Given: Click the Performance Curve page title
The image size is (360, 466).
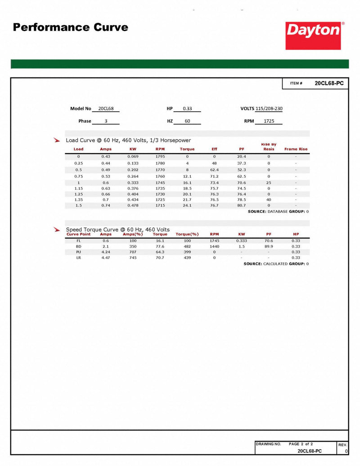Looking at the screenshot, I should point(70,27).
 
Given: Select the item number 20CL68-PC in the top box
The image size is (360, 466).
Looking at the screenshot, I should point(329,83).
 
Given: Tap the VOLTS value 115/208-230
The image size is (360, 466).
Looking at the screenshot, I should point(269,109).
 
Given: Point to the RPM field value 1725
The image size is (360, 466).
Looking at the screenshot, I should point(269,121).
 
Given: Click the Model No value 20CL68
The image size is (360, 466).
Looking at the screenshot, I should point(105,109).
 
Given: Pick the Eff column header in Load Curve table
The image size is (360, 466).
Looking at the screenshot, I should point(214,149).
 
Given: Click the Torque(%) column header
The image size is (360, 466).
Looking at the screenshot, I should point(187,234).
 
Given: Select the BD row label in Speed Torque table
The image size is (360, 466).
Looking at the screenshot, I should point(78,246).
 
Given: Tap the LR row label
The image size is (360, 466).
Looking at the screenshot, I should point(78,258).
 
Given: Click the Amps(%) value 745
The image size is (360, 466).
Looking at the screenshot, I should point(133,258).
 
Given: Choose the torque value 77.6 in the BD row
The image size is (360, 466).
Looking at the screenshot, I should point(160,246).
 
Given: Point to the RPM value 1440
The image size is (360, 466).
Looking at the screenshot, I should point(214,246).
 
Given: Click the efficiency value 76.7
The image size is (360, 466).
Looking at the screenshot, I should point(214,205).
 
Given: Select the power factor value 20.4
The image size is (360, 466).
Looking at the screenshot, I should point(242,156).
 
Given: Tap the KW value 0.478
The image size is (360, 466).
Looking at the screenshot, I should point(133,205).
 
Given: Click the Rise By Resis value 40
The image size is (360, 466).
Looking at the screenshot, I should point(269,199).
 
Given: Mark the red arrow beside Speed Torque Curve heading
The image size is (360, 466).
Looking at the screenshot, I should point(57,230).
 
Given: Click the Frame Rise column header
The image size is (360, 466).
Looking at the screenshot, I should point(296,149).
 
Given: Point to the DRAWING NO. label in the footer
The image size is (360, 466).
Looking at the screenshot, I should point(268,444).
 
